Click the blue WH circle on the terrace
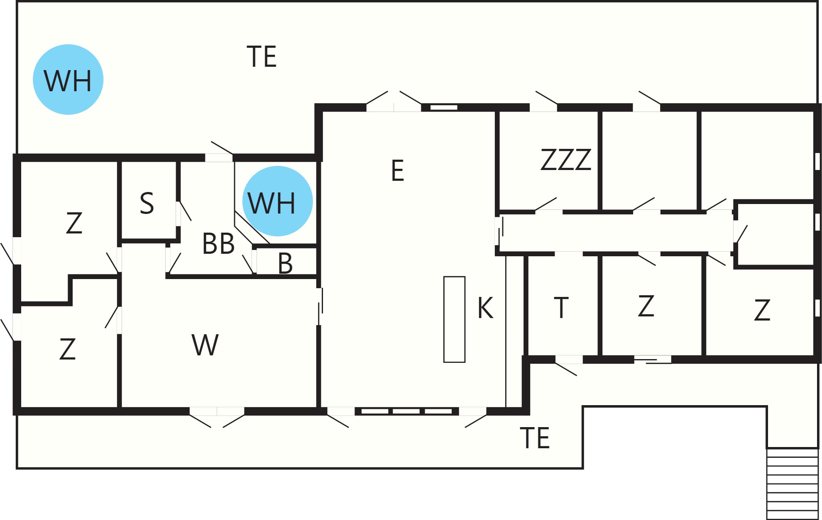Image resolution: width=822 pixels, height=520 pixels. tap(68, 79)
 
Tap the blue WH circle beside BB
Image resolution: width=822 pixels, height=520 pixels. tap(277, 201)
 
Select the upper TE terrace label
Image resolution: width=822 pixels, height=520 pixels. tap(262, 56)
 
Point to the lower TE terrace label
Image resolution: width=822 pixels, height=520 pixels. tap(535, 438)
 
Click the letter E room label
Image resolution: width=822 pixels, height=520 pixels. tap(397, 170)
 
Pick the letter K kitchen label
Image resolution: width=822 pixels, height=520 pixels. tap(485, 308)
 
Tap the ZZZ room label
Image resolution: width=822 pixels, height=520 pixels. tap(566, 160)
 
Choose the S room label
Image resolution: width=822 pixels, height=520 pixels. tap(147, 203)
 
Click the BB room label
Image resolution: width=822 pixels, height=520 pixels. tap(218, 243)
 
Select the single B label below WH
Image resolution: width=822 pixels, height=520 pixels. tap(285, 263)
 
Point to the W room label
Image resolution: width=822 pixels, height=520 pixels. tap(205, 345)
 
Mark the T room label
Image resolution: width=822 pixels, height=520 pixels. tap(561, 308)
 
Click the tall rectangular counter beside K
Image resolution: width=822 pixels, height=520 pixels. tap(454, 319)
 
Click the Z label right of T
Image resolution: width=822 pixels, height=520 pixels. tap(646, 306)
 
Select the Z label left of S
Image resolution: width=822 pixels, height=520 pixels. tap(74, 223)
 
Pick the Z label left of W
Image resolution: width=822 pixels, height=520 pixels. tap(68, 349)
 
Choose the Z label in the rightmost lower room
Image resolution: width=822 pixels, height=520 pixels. tap(762, 310)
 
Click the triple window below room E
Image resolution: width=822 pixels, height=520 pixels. tap(406, 411)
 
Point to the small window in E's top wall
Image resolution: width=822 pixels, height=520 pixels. tap(443, 107)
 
